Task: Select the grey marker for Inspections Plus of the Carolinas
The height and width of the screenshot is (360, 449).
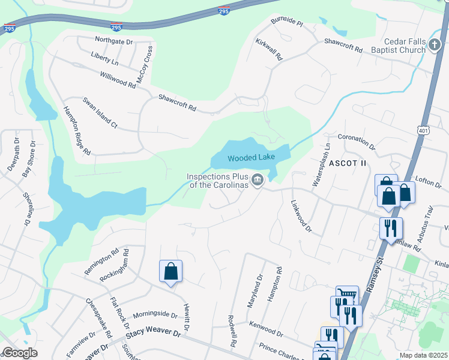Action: pyautogui.click(x=258, y=180)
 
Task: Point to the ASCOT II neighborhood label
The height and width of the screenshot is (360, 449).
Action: pyautogui.click(x=347, y=163)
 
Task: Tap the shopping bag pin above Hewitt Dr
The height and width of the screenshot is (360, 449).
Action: pyautogui.click(x=171, y=271)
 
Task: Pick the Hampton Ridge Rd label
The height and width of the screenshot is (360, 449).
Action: pyautogui.click(x=76, y=131)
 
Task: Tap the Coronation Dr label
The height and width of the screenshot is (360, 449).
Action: pyautogui.click(x=356, y=142)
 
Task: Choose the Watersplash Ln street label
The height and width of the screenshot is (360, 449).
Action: pyautogui.click(x=321, y=165)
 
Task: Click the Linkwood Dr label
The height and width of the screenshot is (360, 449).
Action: pyautogui.click(x=301, y=216)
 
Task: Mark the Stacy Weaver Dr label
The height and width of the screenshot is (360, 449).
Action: pyautogui.click(x=153, y=331)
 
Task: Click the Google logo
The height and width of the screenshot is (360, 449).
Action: pyautogui.click(x=20, y=353)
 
